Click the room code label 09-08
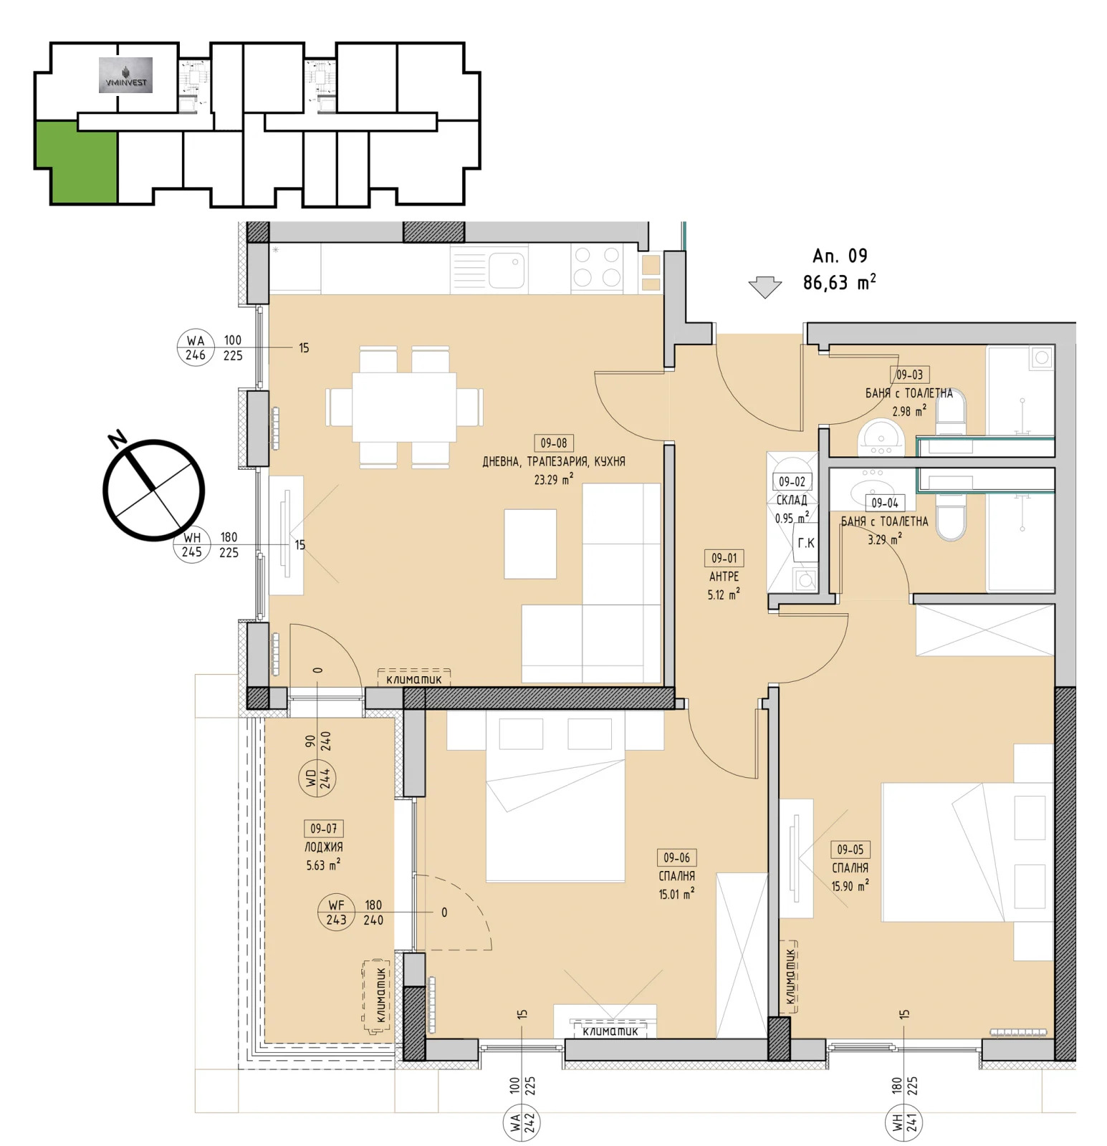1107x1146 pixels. pos(554,443)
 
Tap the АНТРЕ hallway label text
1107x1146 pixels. pos(724,576)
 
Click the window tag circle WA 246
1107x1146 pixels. pos(196,347)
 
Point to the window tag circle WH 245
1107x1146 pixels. pos(191,544)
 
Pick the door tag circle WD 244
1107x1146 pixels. pos(317,778)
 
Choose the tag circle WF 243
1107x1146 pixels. pos(337,913)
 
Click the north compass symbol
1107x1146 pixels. pos(153,489)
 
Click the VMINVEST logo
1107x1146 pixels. pos(125,75)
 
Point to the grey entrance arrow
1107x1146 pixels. pos(765,287)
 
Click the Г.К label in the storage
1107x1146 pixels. pos(806,543)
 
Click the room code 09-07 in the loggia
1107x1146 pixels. pos(324,829)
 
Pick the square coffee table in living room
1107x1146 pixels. pos(530,544)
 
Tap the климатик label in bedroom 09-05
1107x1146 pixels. pos(790,976)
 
